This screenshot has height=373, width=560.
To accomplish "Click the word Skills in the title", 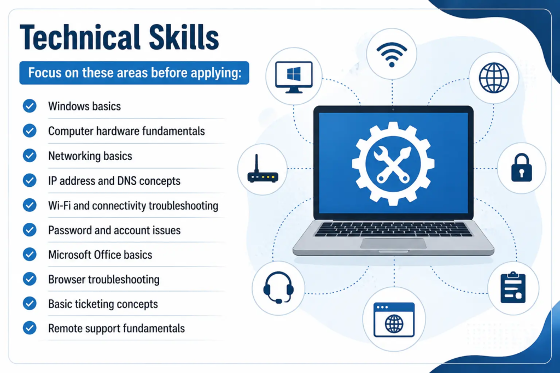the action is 184,37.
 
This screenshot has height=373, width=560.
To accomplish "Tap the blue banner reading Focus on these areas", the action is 135,73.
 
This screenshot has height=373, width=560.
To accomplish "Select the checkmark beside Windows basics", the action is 30,106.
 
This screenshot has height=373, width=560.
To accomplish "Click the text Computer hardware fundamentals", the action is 126,131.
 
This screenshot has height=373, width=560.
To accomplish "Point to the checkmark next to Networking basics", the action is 30,156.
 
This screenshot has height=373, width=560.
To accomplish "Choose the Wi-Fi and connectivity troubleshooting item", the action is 133,206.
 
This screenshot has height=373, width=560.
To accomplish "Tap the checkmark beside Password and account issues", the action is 30,230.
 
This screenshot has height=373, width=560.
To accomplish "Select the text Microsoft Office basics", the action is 100,254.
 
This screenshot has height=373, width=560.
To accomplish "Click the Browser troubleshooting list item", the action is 103,280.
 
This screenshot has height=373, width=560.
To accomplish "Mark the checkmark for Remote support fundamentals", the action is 30,328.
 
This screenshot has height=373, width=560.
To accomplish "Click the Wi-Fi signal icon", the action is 392,54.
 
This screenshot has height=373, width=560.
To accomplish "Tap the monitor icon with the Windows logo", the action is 294,77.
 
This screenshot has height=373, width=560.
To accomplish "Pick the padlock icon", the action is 521,168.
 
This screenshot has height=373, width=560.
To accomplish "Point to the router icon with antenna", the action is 262,169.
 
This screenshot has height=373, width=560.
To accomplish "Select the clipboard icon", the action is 513,287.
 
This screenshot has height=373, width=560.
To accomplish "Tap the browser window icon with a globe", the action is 394,319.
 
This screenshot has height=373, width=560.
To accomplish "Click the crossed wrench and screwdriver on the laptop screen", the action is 393,164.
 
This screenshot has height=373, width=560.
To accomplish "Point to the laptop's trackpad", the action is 393,244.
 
